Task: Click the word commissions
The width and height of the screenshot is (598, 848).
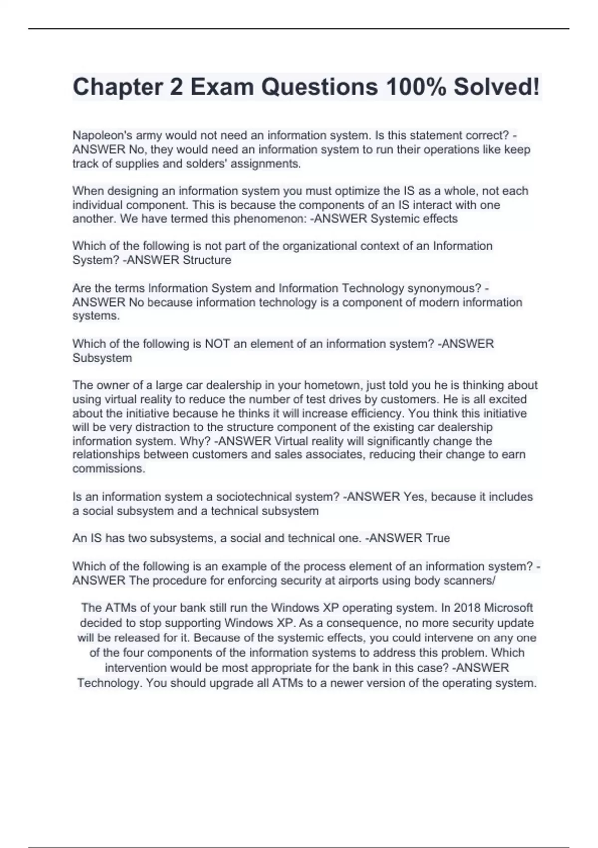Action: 109,469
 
